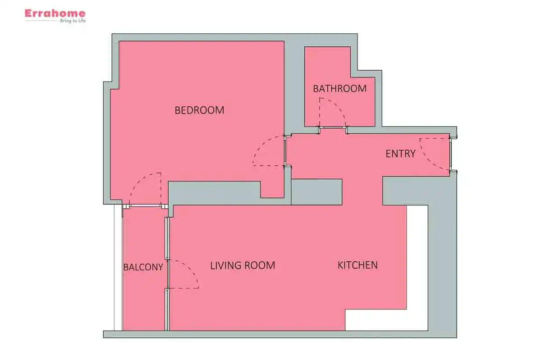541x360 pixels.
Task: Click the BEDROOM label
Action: point(199,110)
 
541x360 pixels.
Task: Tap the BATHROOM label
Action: point(339,89)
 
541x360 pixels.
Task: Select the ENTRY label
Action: point(400,154)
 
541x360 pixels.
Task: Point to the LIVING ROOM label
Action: point(243,265)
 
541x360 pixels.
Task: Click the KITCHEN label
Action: point(358,265)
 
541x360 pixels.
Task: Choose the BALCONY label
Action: point(143,267)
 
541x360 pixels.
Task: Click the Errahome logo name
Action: point(55,13)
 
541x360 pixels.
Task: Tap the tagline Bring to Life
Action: point(73,21)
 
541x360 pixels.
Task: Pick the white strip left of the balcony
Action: point(118,268)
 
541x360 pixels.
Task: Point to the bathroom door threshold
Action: point(333,127)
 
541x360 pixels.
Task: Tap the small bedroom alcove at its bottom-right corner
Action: point(272,190)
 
